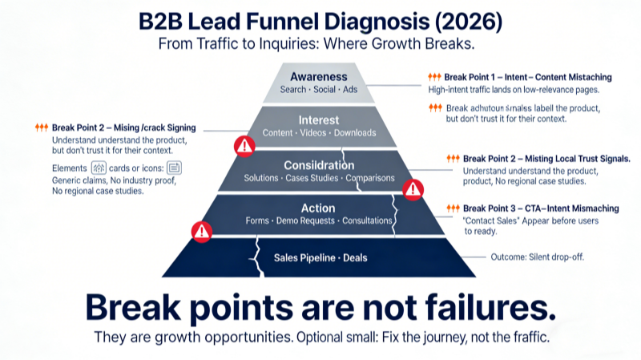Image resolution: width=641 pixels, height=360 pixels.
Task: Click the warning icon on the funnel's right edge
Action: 413,190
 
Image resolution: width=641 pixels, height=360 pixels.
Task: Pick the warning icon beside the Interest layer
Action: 244,146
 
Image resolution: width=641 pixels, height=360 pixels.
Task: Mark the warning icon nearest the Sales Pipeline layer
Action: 201,231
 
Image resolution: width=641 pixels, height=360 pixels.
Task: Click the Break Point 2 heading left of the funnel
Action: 123,127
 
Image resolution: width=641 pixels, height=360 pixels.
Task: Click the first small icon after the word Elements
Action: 99,168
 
